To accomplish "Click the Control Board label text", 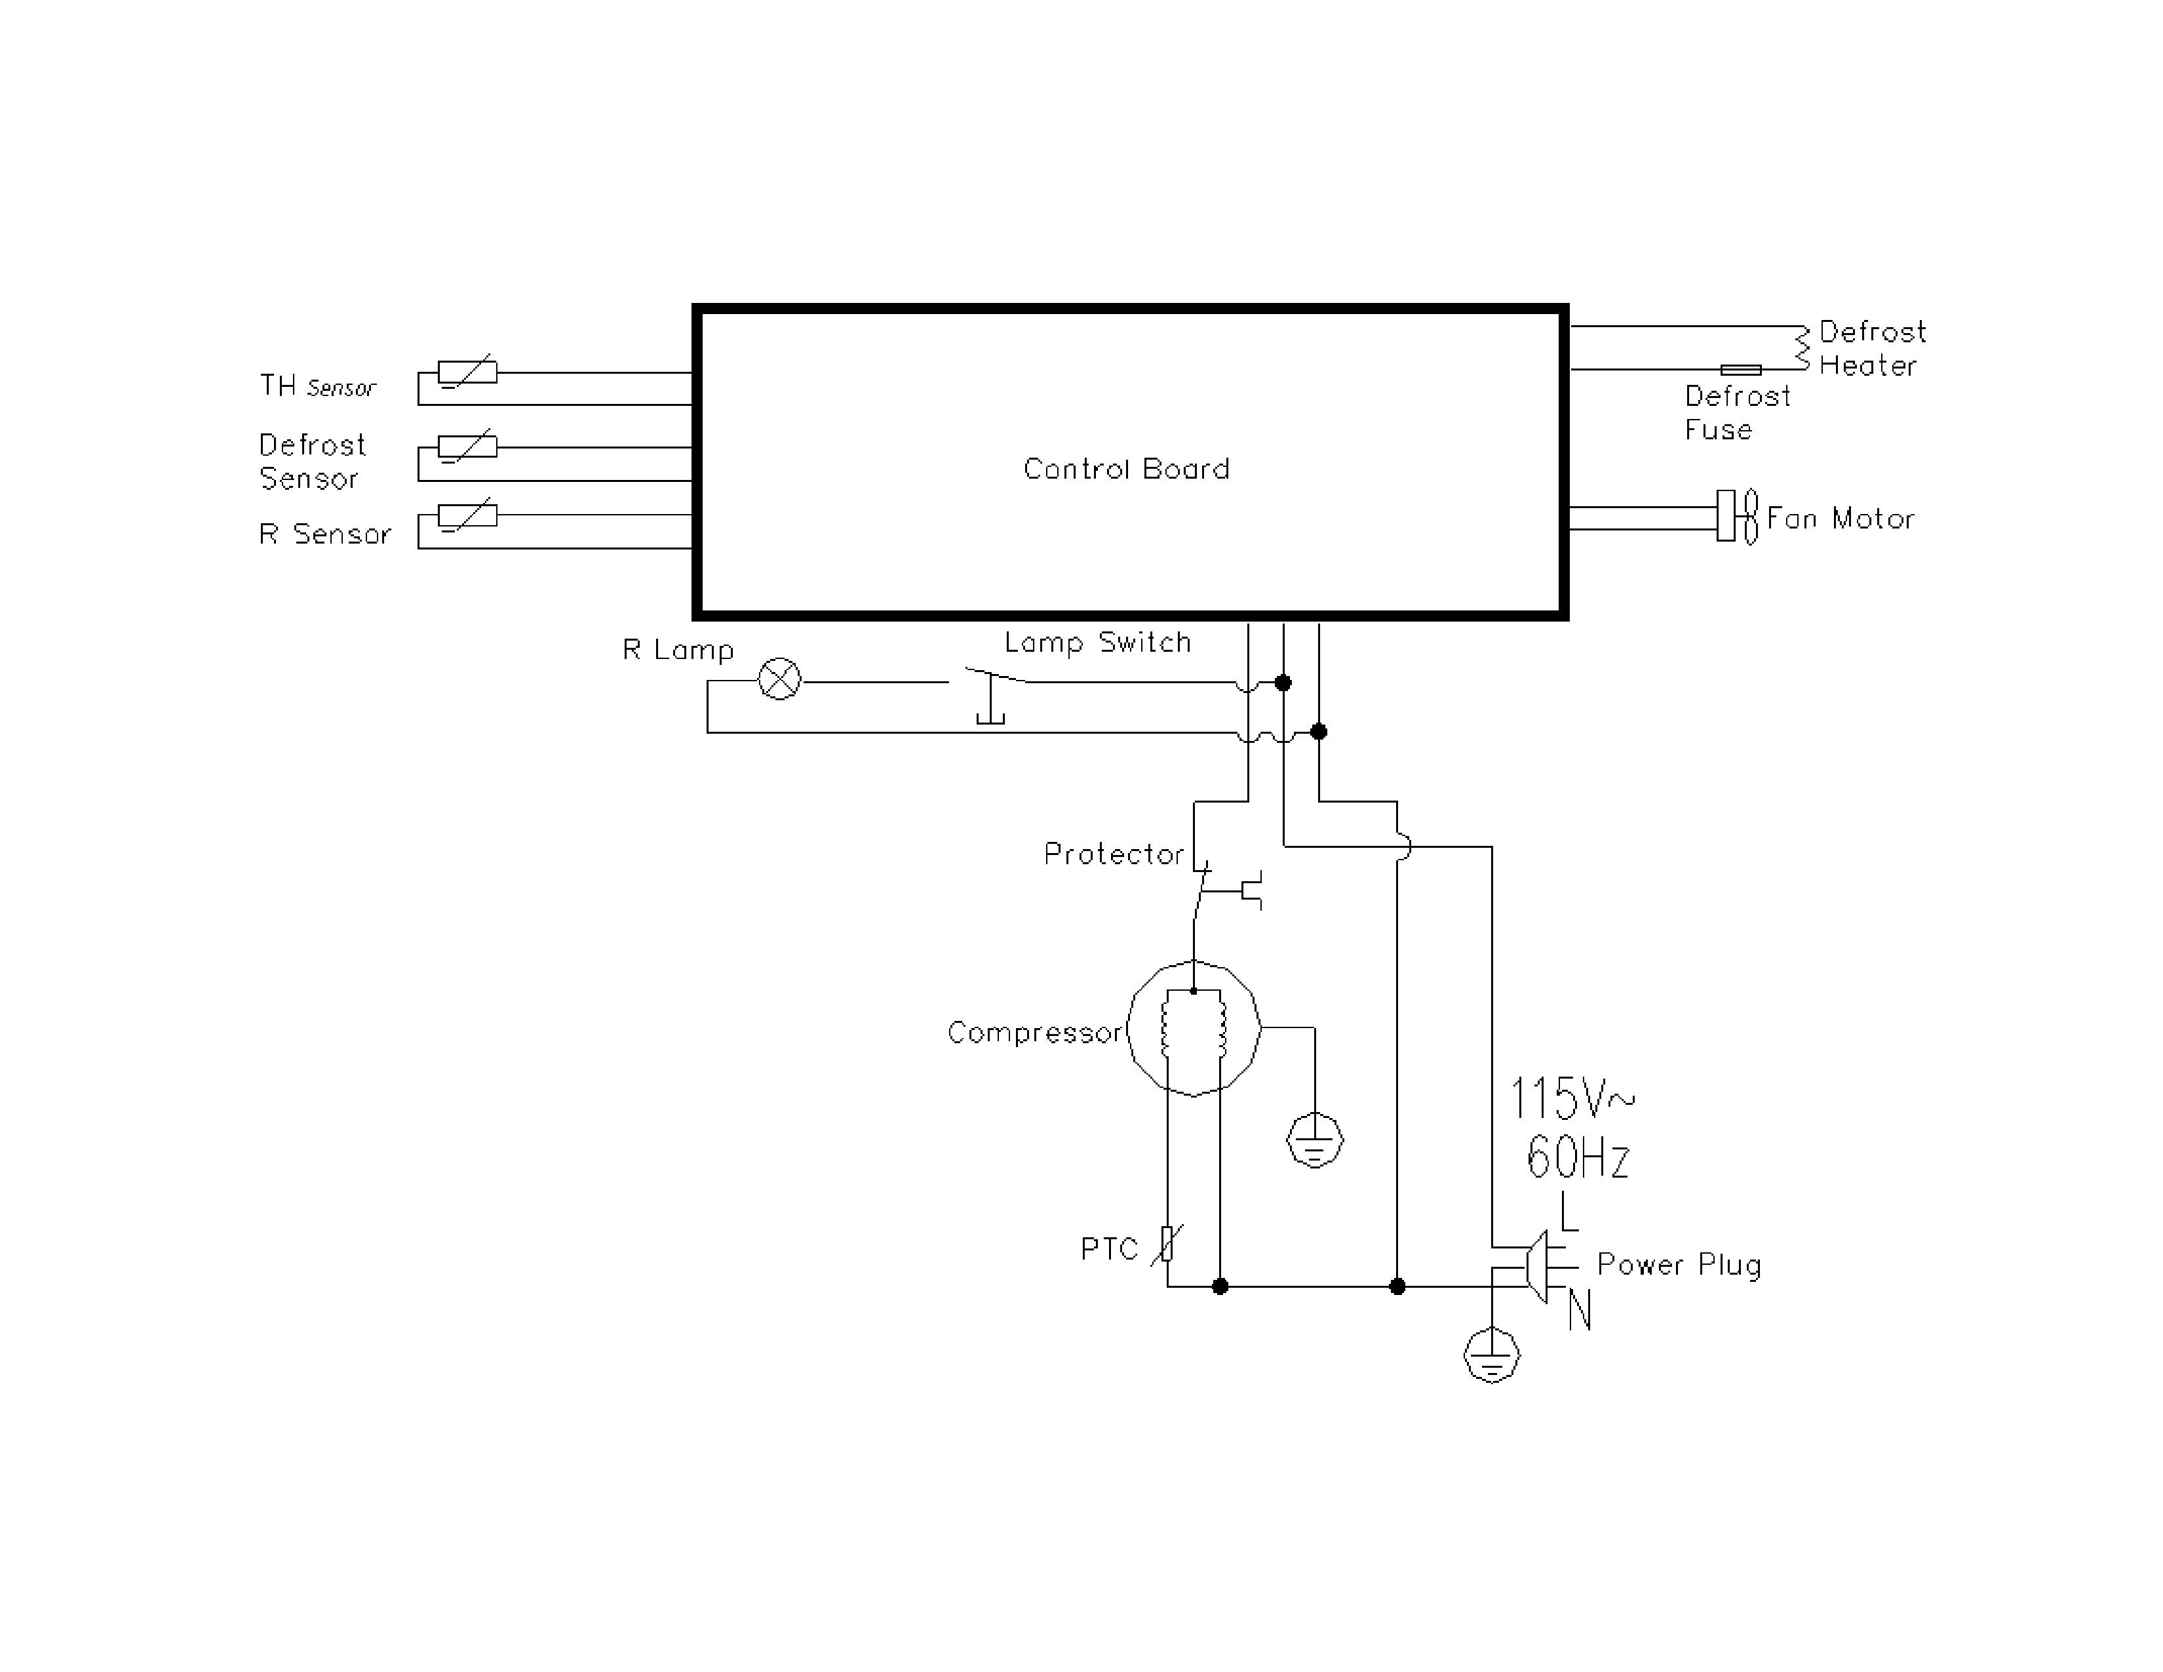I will pos(1126,469).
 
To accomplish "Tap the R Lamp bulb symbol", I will pos(779,679).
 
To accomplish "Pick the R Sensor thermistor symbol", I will pos(467,515).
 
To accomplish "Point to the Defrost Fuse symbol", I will pos(1740,369).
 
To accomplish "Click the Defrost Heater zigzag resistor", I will pos(1802,348).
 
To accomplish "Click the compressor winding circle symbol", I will pos(1194,1028).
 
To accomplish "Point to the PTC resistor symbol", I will pos(1167,1244).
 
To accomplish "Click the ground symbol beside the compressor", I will pos(1314,1141).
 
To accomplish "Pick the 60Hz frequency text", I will pos(1578,1156).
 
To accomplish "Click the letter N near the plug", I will pos(1579,1311).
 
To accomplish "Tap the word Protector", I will pos(1113,854).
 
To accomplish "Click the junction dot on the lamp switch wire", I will pos(1283,683).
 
